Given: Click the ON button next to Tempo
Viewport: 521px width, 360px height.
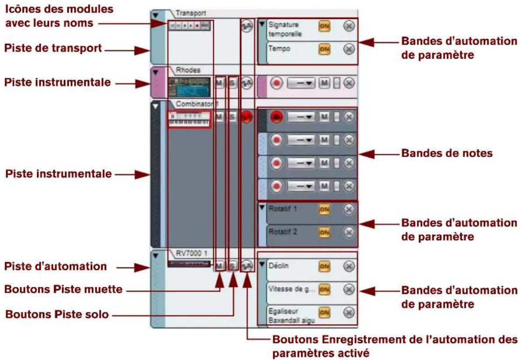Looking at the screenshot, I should coord(324,49).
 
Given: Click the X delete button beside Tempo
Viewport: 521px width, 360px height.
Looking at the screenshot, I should coord(348,49).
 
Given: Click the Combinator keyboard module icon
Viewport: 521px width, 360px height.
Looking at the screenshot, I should coord(189,119).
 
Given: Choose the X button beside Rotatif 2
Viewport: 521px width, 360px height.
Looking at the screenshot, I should coord(348,232).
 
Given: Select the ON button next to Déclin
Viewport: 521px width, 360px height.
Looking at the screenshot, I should coord(324,266).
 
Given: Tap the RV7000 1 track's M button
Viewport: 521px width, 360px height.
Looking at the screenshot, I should coord(220,266).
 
